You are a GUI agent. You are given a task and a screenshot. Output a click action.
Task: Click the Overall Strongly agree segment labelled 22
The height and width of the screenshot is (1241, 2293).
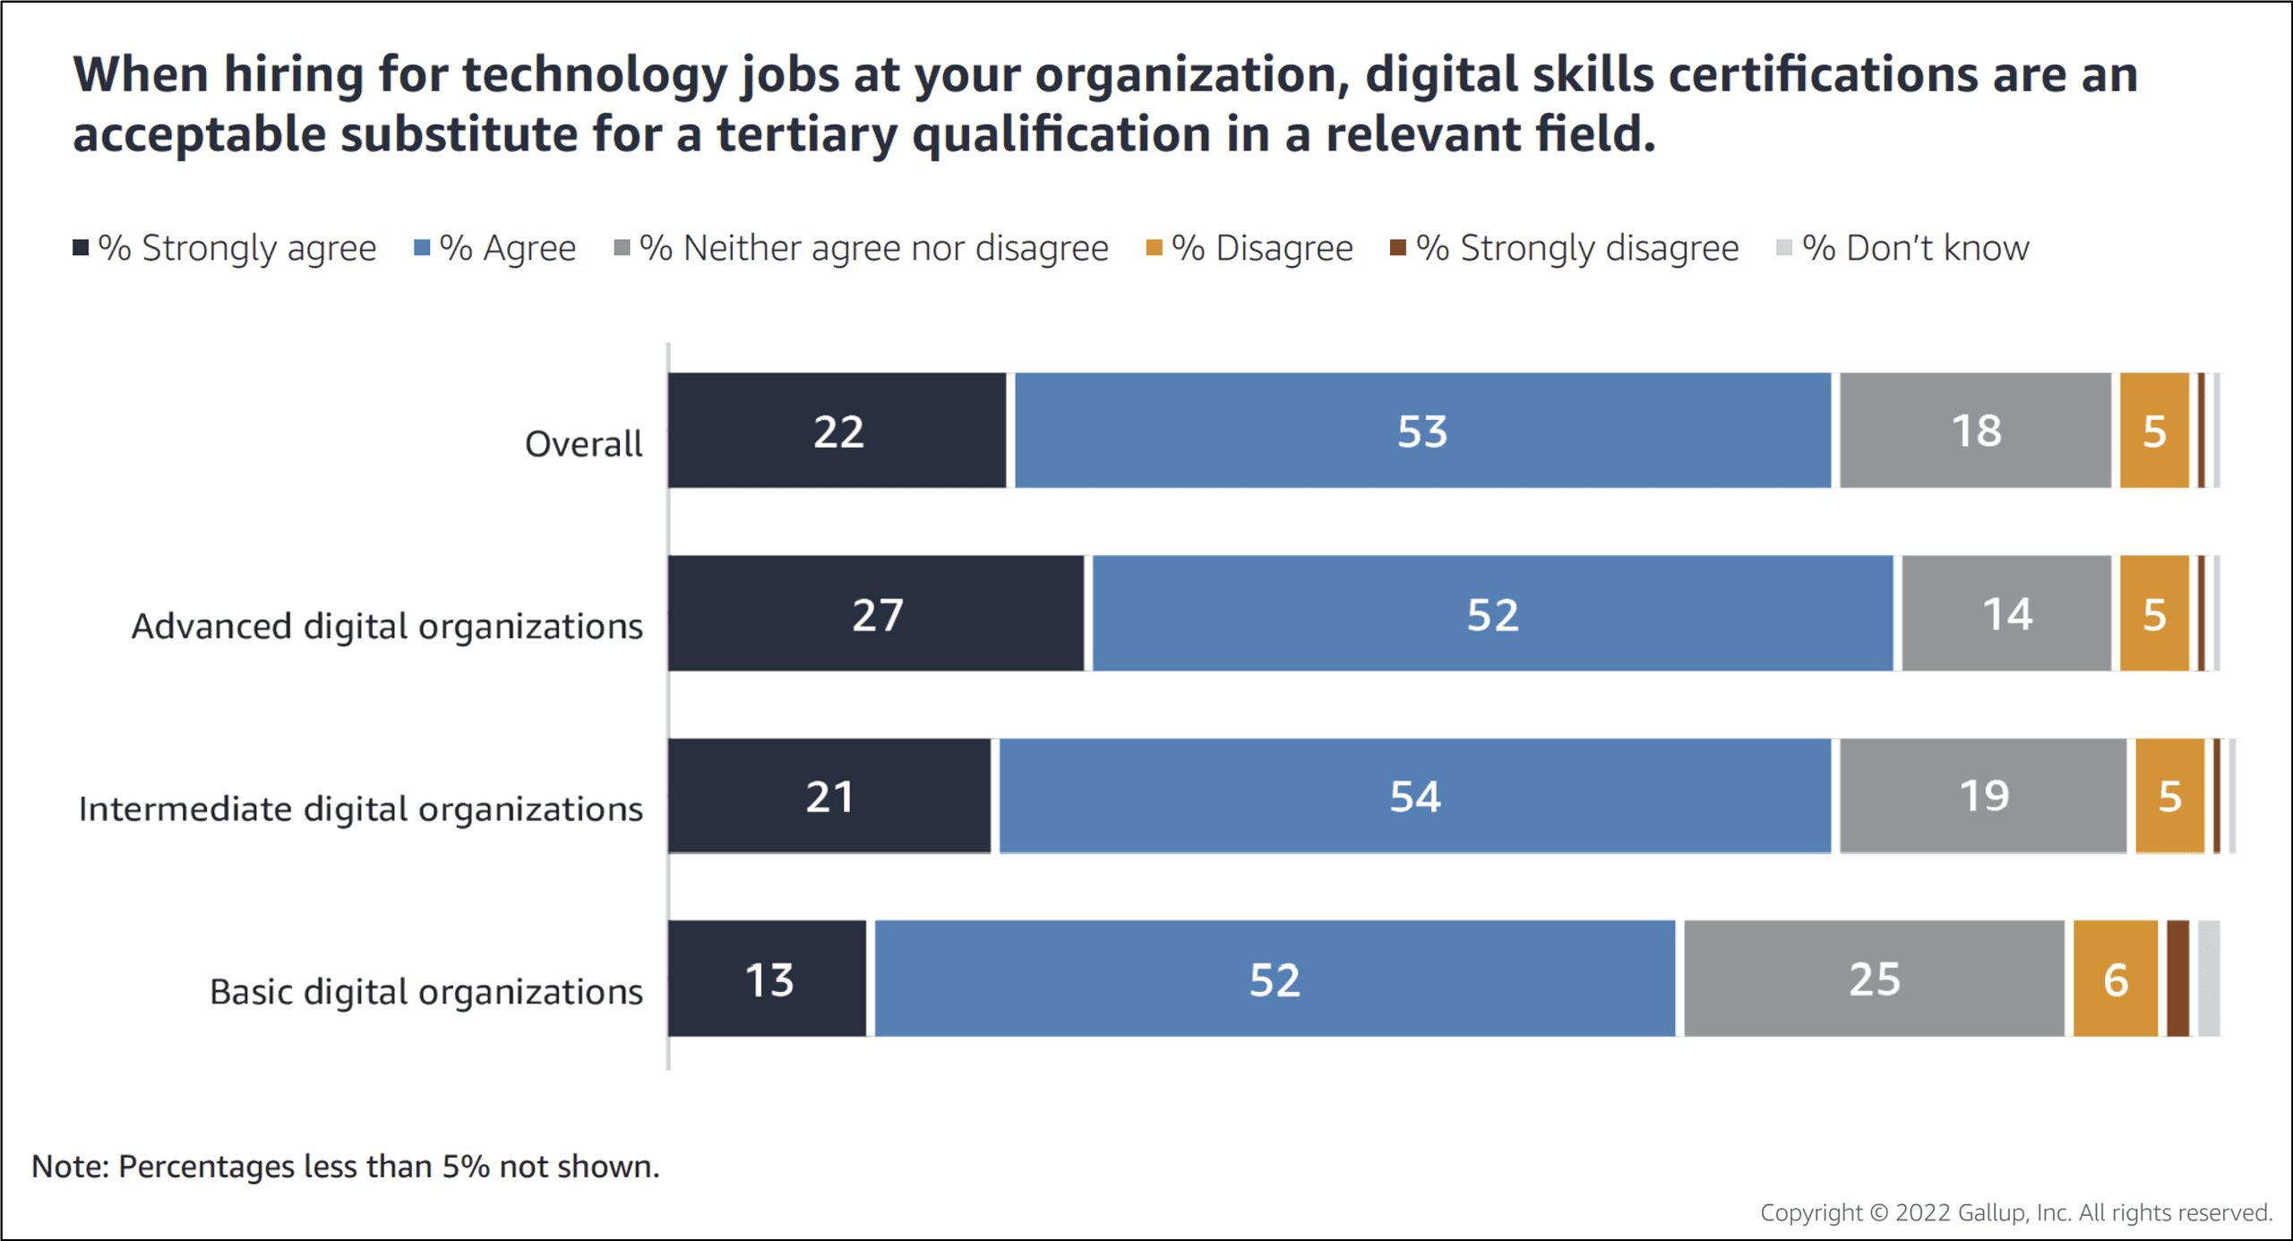[837, 431]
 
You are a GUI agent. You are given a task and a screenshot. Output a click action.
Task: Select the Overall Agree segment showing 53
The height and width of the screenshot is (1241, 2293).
[1422, 431]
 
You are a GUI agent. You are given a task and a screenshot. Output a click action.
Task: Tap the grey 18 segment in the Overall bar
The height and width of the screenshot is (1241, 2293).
[1975, 431]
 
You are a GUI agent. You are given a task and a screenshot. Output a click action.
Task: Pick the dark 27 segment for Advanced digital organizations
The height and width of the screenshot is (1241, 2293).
[876, 613]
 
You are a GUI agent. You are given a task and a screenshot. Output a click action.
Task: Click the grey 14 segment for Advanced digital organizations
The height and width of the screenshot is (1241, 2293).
[2006, 613]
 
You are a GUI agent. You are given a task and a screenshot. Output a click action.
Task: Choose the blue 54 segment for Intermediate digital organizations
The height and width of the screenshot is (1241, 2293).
[1415, 796]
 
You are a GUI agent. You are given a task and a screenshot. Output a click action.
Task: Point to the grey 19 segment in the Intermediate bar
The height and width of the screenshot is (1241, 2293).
[1983, 796]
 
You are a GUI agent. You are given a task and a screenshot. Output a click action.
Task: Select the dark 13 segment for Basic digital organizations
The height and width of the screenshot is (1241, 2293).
[768, 979]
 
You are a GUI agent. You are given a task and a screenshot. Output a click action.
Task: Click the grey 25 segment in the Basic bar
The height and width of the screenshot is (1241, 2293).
[1874, 979]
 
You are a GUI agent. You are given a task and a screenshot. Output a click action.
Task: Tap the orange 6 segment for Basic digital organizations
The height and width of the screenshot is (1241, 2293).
[2116, 979]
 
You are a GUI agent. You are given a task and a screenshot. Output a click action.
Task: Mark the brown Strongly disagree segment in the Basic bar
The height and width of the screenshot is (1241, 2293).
[2178, 979]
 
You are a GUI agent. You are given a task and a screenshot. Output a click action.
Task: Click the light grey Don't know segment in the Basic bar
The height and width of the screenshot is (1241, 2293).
[2209, 979]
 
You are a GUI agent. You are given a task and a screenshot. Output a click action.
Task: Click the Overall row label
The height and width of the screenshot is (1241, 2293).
[583, 444]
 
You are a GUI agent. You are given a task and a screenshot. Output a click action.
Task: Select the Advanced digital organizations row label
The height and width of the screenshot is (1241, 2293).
[387, 626]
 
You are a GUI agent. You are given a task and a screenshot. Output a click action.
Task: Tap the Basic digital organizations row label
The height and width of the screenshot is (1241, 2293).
[426, 992]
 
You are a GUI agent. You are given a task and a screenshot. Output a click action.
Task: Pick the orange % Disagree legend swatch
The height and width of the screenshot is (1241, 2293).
[1155, 248]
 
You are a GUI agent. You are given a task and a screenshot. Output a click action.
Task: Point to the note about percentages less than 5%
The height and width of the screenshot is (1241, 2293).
[346, 1167]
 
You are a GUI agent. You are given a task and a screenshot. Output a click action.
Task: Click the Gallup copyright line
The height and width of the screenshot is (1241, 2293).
[2015, 1212]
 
